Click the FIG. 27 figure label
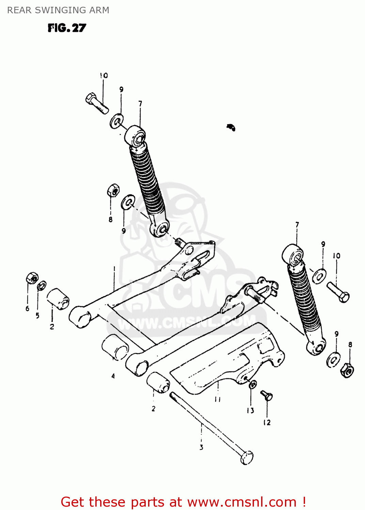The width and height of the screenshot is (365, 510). (67, 28)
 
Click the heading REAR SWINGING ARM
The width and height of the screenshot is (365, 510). (58, 10)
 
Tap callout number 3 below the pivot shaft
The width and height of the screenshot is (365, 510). (201, 447)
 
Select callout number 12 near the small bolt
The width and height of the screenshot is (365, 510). (267, 423)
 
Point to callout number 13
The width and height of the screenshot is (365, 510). (250, 410)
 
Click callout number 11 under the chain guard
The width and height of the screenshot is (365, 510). (218, 399)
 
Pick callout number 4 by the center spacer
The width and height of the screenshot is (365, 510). (113, 376)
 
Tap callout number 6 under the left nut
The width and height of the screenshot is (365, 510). (27, 308)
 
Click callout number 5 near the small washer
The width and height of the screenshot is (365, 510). (37, 316)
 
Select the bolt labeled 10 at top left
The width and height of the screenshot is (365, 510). (97, 103)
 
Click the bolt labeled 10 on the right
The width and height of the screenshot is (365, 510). (338, 292)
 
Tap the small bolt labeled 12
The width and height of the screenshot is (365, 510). (267, 396)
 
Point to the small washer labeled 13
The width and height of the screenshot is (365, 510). (253, 385)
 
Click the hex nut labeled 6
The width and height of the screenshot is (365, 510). (32, 278)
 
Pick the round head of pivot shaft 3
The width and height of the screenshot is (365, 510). (247, 458)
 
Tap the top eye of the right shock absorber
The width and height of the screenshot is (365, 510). (293, 254)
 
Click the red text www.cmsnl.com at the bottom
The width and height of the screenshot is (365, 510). (242, 502)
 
